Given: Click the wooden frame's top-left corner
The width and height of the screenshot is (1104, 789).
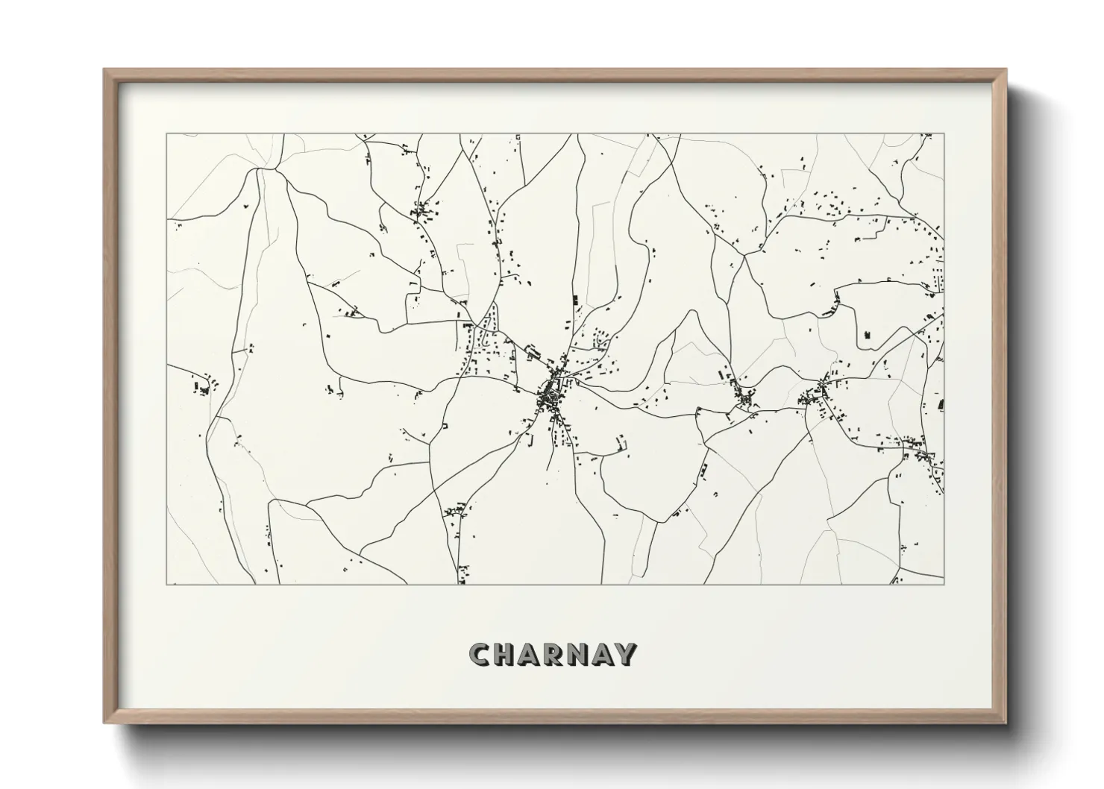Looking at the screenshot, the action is (104, 70).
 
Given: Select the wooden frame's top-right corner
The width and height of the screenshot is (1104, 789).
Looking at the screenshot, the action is (1006, 70).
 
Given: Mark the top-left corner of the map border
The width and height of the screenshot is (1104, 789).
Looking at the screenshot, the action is (166, 134).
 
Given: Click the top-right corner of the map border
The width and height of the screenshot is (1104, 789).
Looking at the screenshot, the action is (944, 134).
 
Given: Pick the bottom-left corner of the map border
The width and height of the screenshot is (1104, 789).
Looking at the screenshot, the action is (166, 584).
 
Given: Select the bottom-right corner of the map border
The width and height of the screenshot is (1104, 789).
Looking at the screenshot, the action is (944, 584).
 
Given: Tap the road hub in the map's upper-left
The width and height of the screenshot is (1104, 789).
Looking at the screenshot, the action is (260, 170).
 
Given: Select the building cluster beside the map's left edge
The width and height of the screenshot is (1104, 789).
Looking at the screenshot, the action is (203, 386).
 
